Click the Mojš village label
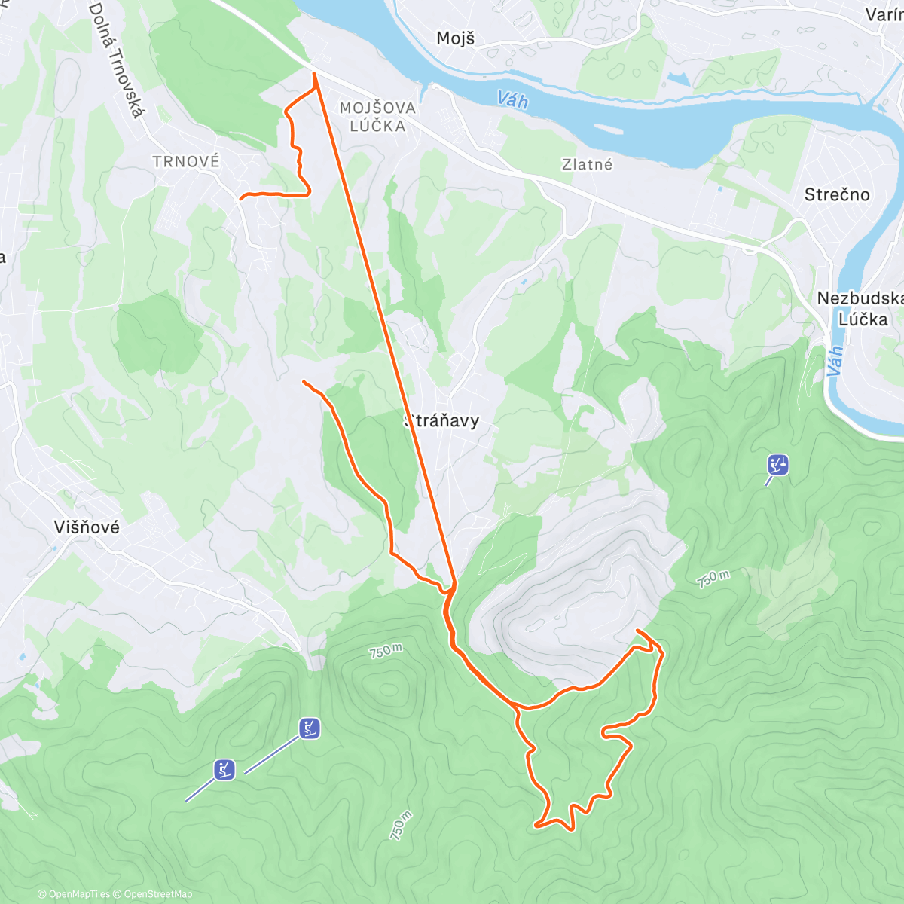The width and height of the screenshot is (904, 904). (455, 38)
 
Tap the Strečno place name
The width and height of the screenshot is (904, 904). (836, 194)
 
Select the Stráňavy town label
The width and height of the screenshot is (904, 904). (441, 420)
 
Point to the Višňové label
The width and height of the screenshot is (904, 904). (87, 527)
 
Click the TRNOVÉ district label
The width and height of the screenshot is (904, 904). (186, 161)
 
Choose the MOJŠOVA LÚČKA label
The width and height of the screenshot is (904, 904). (377, 117)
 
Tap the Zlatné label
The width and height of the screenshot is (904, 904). (587, 164)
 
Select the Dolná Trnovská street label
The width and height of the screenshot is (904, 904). (116, 60)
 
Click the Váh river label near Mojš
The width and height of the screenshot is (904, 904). (512, 99)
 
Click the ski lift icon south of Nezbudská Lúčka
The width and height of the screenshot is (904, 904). (777, 464)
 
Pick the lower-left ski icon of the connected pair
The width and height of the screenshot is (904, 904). (224, 769)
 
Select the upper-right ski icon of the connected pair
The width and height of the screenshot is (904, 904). (309, 728)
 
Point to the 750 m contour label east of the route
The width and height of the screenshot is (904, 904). (713, 579)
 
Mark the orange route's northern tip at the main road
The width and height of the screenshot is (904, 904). (314, 72)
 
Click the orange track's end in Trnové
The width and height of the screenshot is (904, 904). (240, 198)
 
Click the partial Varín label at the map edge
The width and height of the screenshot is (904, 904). (884, 15)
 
